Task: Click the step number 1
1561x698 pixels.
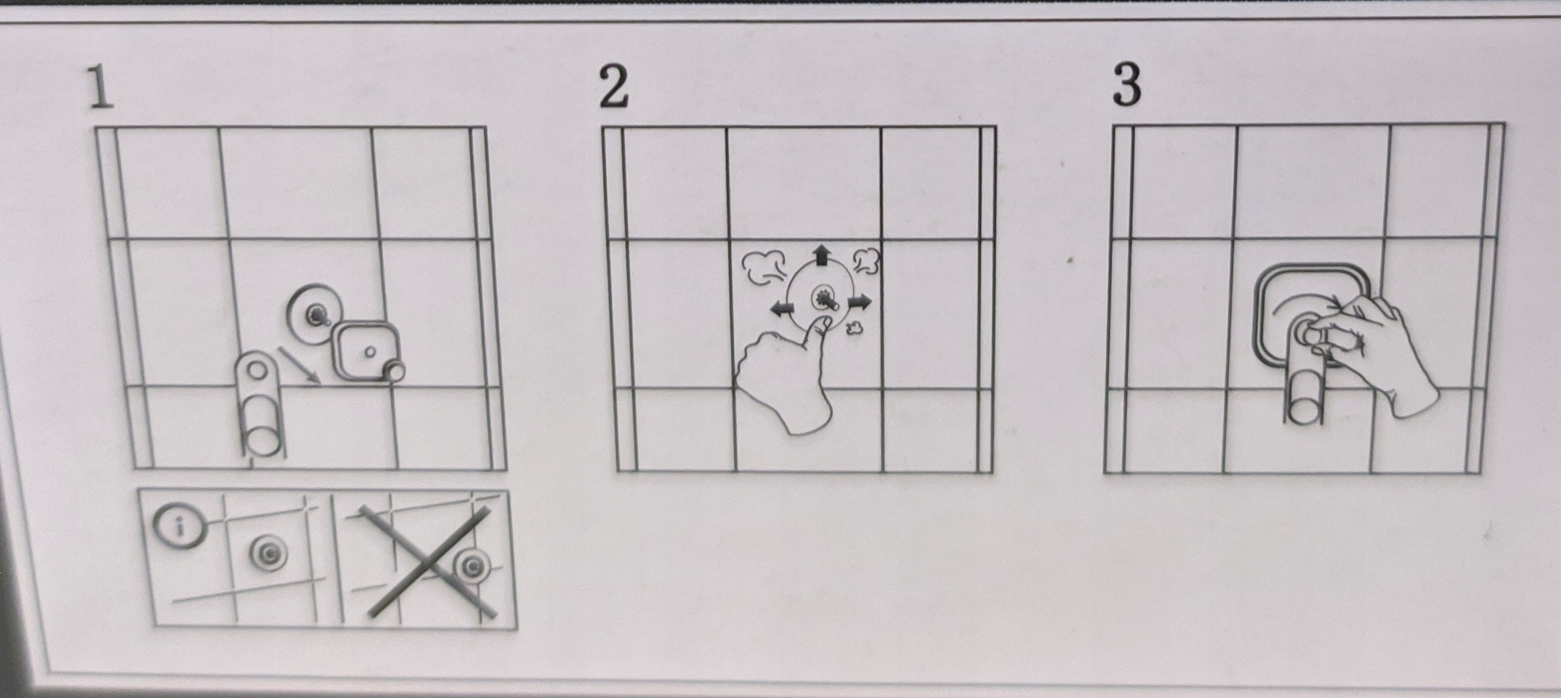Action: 101,88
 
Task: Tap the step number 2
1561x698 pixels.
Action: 614,87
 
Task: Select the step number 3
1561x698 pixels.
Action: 1126,85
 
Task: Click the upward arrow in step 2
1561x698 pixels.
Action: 822,254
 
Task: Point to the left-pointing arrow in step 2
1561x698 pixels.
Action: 782,308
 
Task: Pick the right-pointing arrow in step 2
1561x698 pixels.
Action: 859,301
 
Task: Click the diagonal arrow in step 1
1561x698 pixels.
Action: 299,365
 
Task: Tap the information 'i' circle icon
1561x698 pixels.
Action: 179,526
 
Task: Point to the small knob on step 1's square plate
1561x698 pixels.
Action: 395,371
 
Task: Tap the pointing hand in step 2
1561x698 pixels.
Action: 786,377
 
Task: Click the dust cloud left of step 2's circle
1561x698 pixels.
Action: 764,266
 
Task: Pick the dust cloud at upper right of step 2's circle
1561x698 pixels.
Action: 866,261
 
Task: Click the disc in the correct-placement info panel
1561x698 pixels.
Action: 269,554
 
